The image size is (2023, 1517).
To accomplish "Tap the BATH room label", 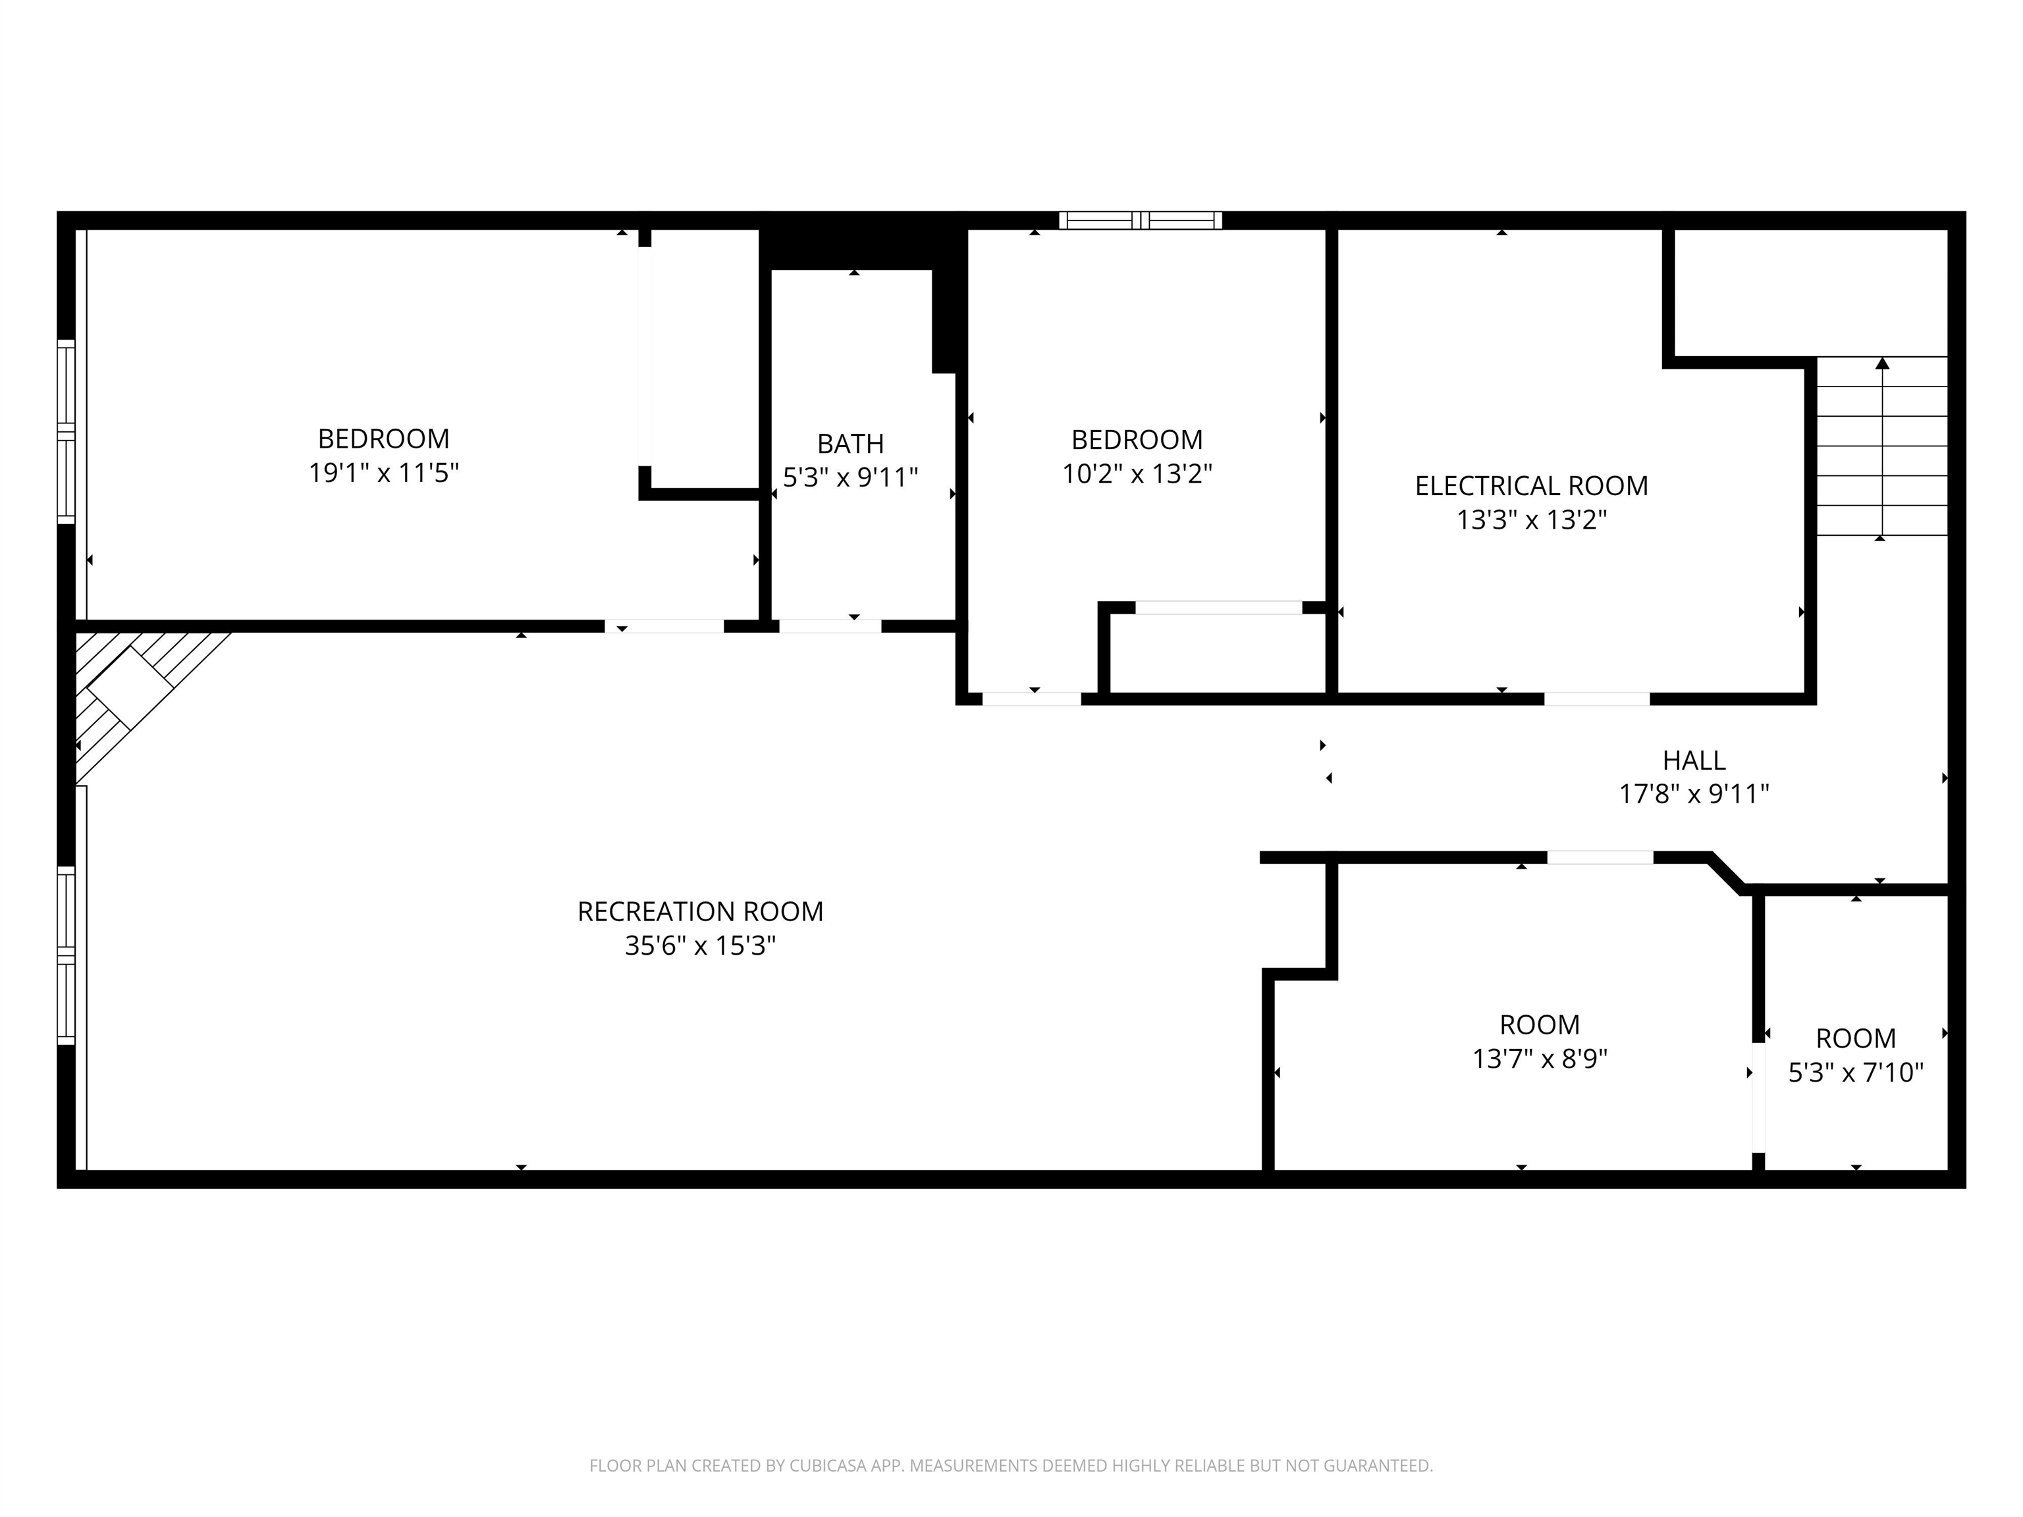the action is click(x=851, y=444).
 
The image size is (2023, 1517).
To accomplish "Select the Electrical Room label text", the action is click(x=1531, y=485).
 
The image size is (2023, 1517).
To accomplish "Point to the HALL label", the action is click(x=1694, y=760).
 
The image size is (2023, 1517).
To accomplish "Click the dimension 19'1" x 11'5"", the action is click(x=383, y=473).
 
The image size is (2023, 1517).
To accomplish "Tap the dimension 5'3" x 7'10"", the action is click(x=1856, y=1073).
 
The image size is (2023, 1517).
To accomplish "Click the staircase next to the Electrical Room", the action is click(x=1881, y=446).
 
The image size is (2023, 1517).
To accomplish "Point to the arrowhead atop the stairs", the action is click(x=1882, y=363).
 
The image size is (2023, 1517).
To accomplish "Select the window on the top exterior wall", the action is click(x=1141, y=221).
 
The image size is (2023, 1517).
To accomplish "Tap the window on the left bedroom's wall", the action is click(x=66, y=432).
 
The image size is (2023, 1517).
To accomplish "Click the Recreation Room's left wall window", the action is click(x=66, y=955).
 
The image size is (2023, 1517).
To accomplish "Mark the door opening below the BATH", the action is click(x=830, y=626).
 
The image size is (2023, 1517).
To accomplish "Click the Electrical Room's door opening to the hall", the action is click(x=1597, y=699).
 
